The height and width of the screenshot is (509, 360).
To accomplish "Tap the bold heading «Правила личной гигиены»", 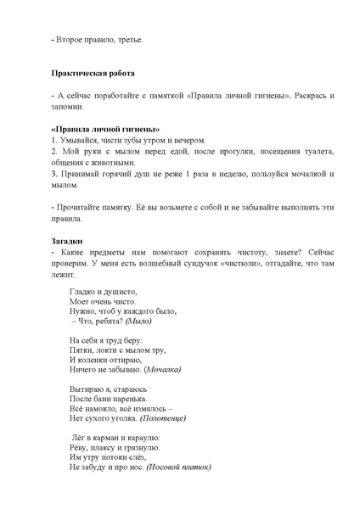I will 94,128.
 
